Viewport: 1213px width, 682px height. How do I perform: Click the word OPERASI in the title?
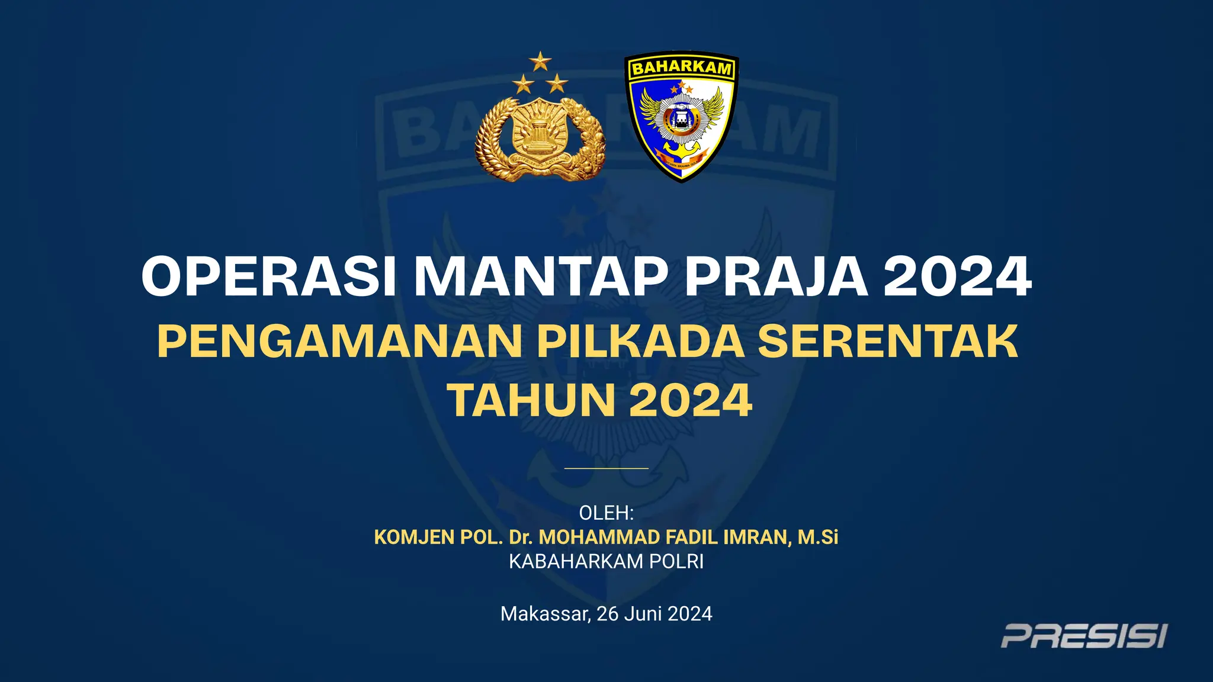click(x=269, y=276)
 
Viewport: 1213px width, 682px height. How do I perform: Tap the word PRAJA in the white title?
click(x=776, y=276)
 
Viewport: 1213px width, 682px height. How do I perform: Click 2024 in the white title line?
click(x=958, y=276)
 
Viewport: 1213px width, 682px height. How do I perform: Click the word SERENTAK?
click(x=888, y=342)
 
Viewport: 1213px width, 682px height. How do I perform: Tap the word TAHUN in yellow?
click(x=532, y=401)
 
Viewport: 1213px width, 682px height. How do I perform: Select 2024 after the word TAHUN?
click(x=691, y=401)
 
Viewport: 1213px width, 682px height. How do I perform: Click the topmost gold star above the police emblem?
click(x=540, y=61)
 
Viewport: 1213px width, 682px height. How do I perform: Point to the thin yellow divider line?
click(x=606, y=468)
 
